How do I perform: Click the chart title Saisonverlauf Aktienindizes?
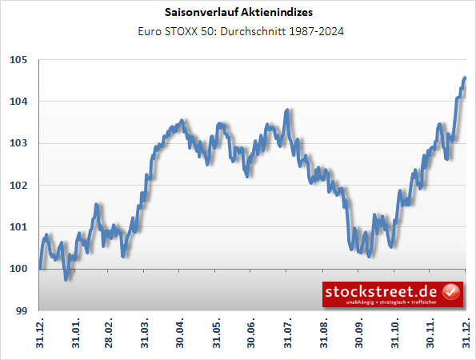click(238, 14)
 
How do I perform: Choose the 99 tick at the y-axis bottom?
click(22, 310)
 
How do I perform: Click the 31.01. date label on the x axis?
click(77, 335)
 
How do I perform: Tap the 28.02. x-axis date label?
click(110, 335)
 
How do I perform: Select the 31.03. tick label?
click(146, 335)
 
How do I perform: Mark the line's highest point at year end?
click(466, 78)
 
